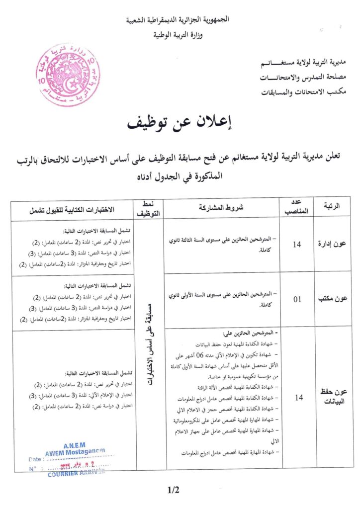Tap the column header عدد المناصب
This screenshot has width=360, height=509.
click(x=298, y=208)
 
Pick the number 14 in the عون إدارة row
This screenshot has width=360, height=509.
click(x=298, y=244)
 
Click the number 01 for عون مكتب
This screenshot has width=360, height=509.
click(x=298, y=299)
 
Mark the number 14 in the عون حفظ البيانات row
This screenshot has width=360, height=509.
click(x=298, y=398)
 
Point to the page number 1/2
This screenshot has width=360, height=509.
click(x=174, y=490)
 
